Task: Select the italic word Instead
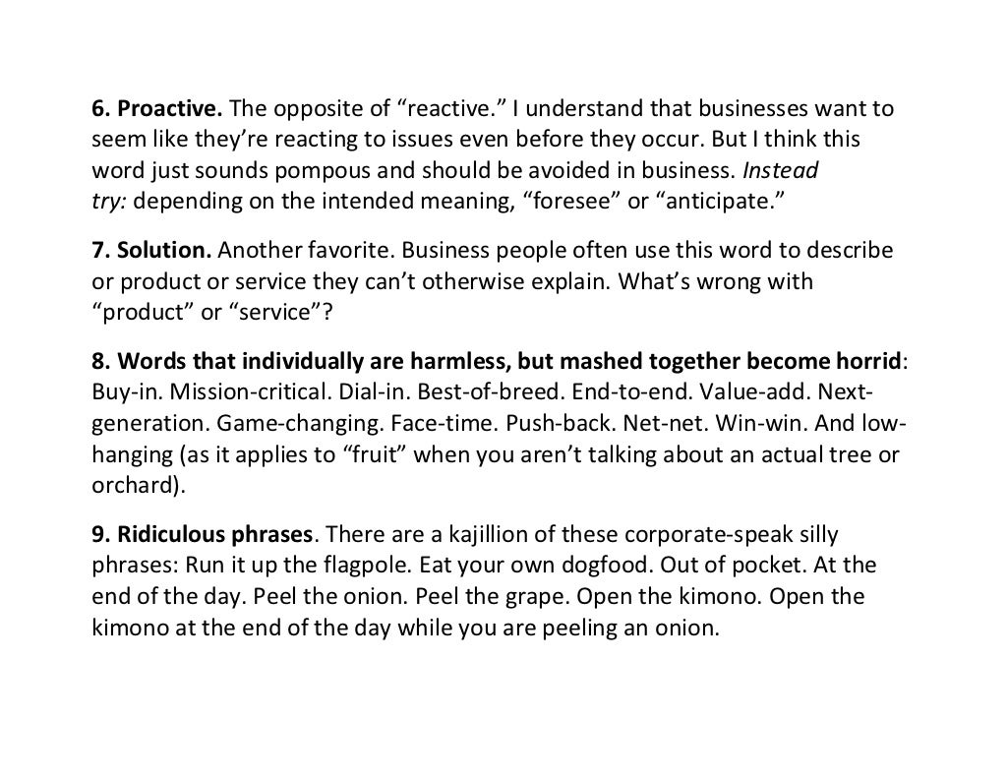coord(780,171)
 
